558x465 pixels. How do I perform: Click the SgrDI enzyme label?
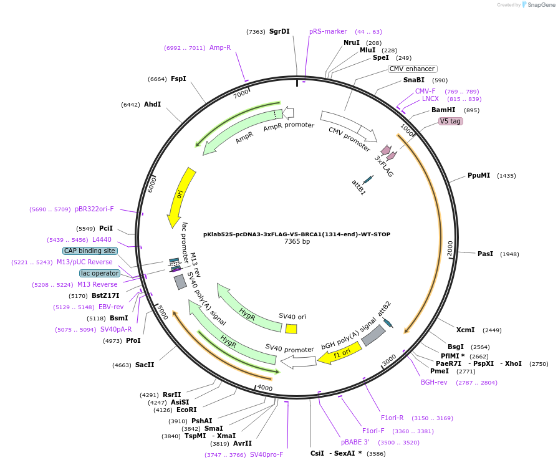pyautogui.click(x=279, y=31)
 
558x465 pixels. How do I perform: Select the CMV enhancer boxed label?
pyautogui.click(x=412, y=69)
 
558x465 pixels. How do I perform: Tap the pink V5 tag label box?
pyautogui.click(x=450, y=121)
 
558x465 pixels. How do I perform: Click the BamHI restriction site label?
pyautogui.click(x=443, y=110)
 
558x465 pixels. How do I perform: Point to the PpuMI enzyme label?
pyautogui.click(x=479, y=176)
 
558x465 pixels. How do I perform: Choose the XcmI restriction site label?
pyautogui.click(x=465, y=330)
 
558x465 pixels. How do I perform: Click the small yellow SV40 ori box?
pyautogui.click(x=291, y=328)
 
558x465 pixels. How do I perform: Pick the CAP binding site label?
pyautogui.click(x=90, y=251)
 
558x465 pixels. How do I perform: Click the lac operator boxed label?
pyautogui.click(x=99, y=273)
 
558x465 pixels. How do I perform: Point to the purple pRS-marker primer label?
pyautogui.click(x=328, y=31)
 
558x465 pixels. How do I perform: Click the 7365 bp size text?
pyautogui.click(x=297, y=242)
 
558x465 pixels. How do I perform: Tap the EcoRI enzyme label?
pyautogui.click(x=186, y=410)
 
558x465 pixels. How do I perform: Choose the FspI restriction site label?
pyautogui.click(x=178, y=79)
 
